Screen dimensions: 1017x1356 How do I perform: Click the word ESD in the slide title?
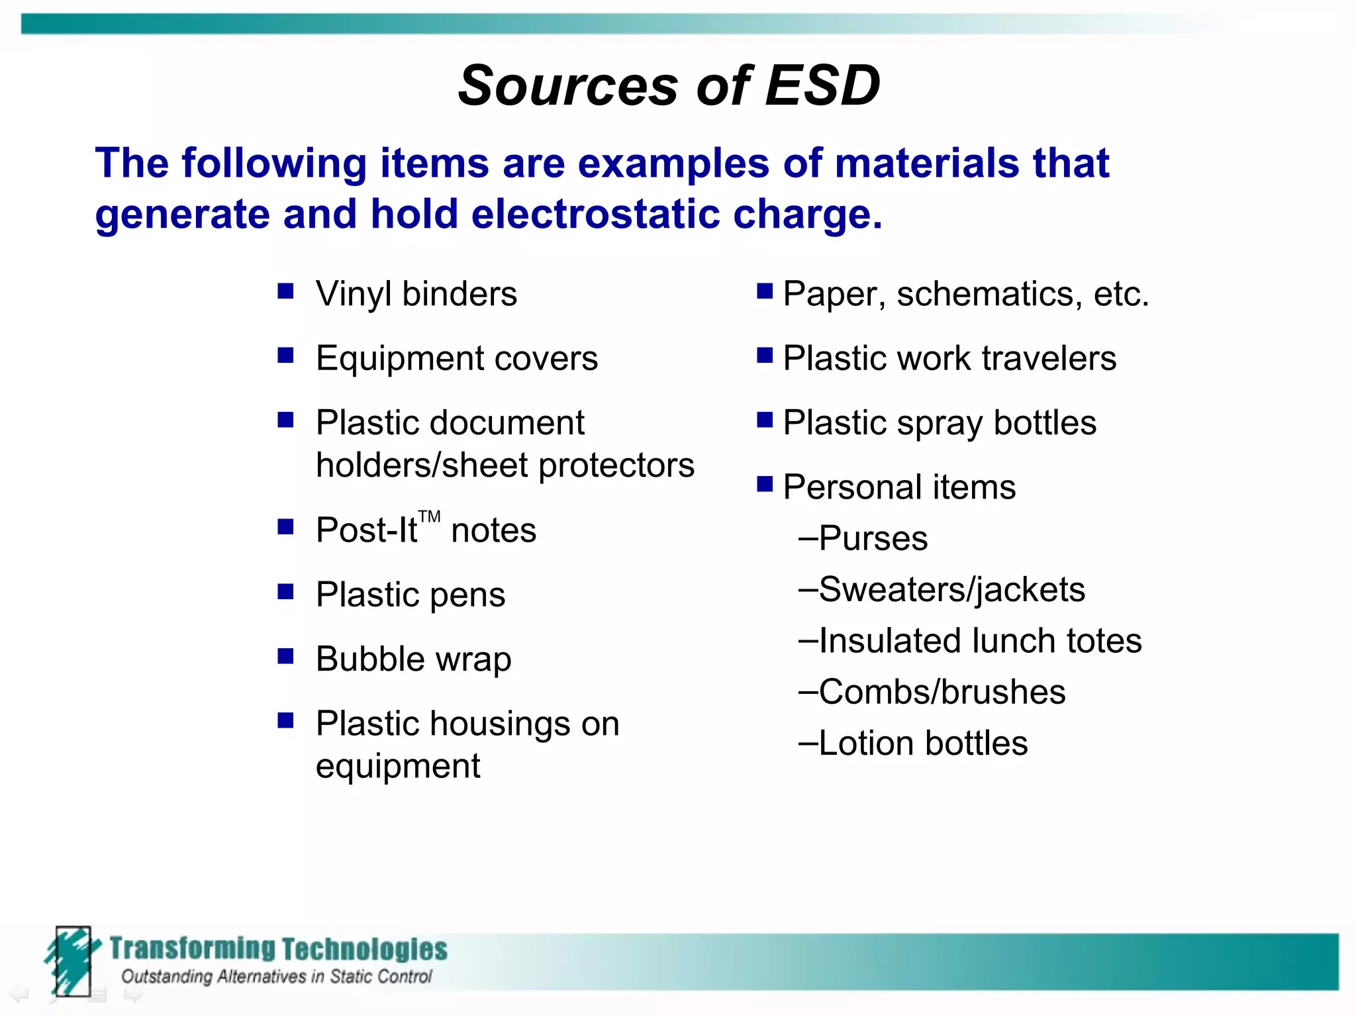coord(822,86)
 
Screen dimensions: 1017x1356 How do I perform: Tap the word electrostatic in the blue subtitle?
coord(595,214)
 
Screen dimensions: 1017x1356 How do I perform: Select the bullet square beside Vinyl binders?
coord(285,291)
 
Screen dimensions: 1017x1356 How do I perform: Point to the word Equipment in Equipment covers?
coord(399,359)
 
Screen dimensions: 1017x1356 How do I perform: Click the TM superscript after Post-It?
coord(429,516)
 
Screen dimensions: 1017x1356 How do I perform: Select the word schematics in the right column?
coord(989,294)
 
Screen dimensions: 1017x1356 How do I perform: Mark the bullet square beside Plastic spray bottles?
coord(765,420)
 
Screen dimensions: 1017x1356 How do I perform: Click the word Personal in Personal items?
coord(851,487)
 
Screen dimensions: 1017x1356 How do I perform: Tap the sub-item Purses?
coord(873,538)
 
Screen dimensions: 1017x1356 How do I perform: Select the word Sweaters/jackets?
coord(951,590)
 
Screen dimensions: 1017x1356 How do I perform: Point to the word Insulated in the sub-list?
coord(889,641)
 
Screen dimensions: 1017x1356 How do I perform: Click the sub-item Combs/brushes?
coord(942,693)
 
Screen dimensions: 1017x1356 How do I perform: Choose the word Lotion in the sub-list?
coord(866,744)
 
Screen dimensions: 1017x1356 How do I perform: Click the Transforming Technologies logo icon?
coord(72,961)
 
